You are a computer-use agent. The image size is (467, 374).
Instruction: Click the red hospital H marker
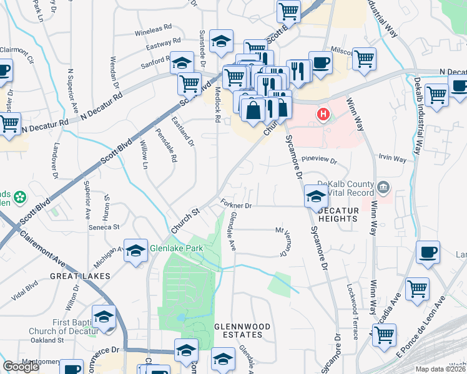(323, 115)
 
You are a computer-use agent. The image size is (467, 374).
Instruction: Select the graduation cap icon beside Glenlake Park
(134, 251)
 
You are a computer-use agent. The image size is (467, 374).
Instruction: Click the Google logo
(21, 367)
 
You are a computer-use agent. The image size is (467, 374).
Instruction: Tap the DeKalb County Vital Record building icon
(383, 186)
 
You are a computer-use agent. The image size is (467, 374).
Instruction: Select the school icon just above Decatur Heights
(315, 197)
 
